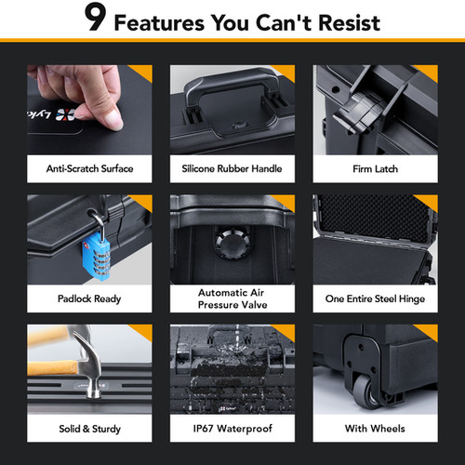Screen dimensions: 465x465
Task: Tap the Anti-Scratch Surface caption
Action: [x=89, y=168]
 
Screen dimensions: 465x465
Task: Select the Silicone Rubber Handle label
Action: [x=232, y=168]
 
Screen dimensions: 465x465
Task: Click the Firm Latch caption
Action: [x=375, y=168]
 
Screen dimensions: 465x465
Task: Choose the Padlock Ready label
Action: [x=89, y=299]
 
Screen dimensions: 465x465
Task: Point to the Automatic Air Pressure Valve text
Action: [x=232, y=299]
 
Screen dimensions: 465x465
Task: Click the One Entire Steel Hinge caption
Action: [x=375, y=299]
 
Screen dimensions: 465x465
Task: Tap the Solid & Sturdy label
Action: [x=89, y=429]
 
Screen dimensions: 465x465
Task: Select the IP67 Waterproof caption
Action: [x=232, y=429]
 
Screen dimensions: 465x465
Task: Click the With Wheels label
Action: [x=375, y=429]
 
